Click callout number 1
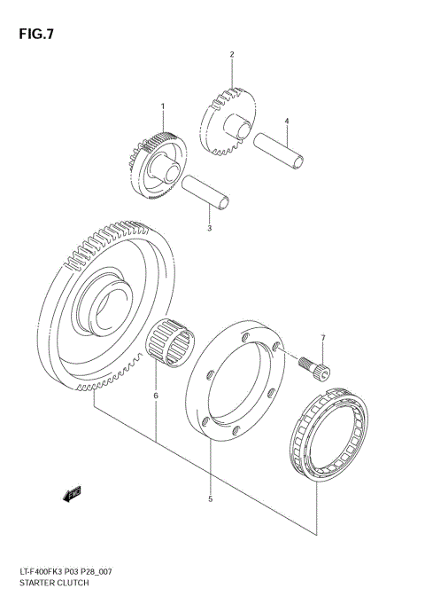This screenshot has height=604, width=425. click(x=163, y=106)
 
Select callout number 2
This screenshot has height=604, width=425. click(x=232, y=55)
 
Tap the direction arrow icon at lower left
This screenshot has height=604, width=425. click(x=72, y=493)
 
